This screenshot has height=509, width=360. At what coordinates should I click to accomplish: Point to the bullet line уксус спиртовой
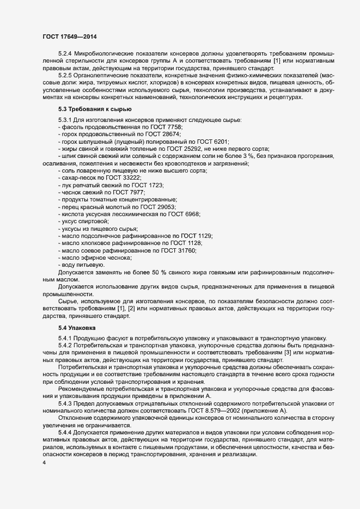[x=85, y=222]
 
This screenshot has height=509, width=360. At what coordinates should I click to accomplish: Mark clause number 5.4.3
[x=65, y=403]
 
